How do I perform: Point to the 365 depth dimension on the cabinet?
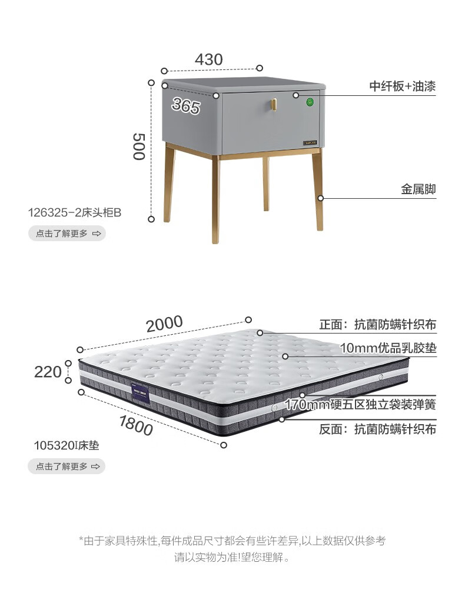186,106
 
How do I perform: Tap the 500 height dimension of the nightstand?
138,146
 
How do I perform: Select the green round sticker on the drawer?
309,104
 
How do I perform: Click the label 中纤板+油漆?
403,86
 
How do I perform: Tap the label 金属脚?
418,189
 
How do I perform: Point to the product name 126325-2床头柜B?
75,212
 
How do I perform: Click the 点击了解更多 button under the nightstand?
67,234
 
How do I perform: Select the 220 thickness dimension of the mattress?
48,372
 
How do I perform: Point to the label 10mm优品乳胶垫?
388,348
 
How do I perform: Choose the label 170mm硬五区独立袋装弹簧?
360,405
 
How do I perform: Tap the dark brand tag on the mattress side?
141,394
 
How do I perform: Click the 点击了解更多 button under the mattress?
67,467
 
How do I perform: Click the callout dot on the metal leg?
321,198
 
